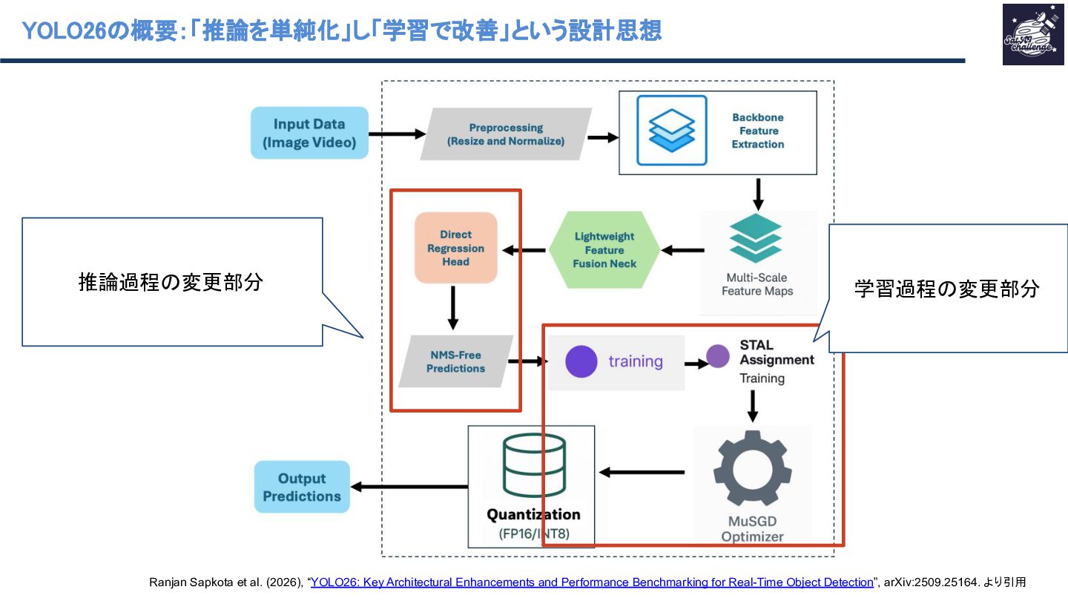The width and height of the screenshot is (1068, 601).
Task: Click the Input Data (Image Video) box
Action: point(309,133)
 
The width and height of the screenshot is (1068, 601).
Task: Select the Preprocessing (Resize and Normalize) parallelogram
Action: point(506,134)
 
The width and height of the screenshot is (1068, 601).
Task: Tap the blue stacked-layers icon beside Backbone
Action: point(672,131)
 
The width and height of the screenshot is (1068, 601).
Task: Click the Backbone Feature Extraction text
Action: point(757,131)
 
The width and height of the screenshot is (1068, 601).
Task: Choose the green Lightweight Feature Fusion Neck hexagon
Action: point(604,250)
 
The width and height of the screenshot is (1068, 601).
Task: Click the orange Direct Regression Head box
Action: point(455,248)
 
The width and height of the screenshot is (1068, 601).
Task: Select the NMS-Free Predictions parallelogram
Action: point(455,361)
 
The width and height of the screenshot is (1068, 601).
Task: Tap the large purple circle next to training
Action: point(581,362)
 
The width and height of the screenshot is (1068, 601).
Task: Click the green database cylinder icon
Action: point(533,466)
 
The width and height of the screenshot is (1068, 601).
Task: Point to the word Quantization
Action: point(533,514)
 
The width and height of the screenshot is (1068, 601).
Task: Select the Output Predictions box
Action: point(302,487)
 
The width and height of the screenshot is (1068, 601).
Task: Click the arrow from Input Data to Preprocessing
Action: point(397,134)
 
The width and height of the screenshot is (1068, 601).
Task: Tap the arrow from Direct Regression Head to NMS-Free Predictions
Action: point(453,306)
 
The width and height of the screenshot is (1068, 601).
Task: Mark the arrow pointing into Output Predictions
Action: point(409,487)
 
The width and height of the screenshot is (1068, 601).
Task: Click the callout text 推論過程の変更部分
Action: point(171,282)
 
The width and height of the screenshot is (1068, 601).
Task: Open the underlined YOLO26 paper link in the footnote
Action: point(591,582)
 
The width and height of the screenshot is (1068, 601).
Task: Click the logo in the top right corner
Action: point(1027,34)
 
